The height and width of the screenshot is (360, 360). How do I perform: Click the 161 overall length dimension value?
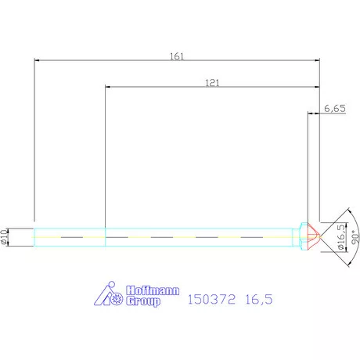click(176, 56)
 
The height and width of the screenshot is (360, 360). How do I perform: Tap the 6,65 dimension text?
click(334, 110)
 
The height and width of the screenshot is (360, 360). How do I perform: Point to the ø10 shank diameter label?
click(6, 236)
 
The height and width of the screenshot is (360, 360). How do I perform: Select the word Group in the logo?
click(142, 301)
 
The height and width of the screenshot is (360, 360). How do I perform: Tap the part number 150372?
click(212, 298)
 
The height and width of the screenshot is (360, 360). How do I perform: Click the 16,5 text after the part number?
click(259, 298)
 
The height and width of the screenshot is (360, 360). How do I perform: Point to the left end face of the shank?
click(34, 236)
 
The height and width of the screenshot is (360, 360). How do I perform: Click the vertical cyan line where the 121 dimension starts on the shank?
click(105, 236)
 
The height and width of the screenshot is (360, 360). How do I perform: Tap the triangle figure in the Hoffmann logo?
click(106, 294)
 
